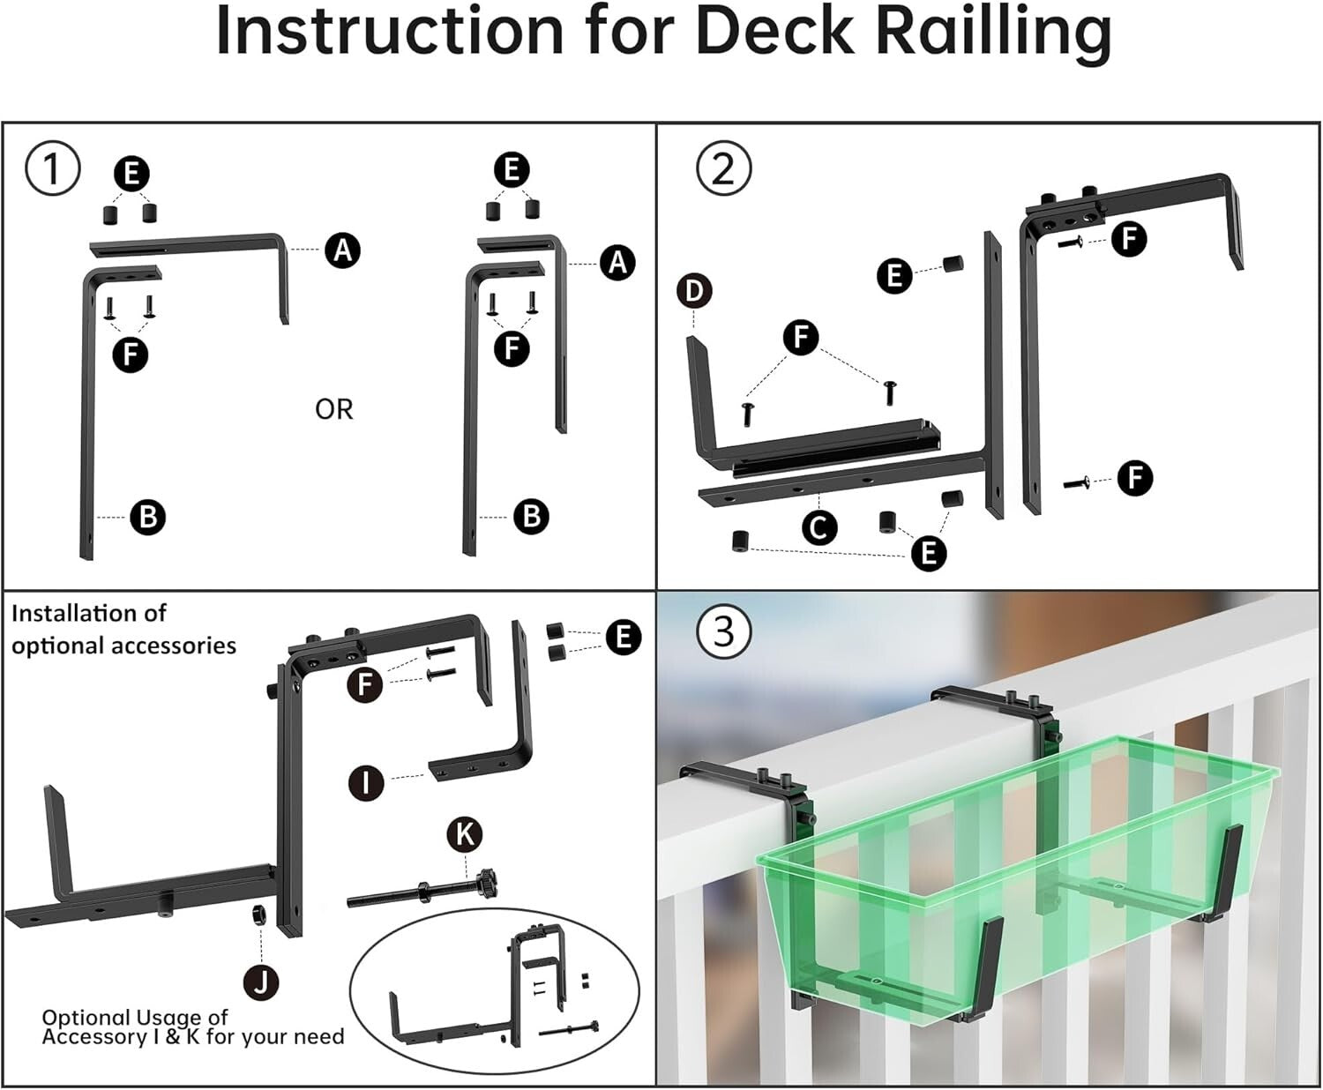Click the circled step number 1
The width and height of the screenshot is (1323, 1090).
(x=53, y=168)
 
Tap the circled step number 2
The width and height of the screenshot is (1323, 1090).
(x=723, y=168)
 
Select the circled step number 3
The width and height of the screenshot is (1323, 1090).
(x=723, y=631)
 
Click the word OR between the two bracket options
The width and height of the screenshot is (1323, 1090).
(x=333, y=409)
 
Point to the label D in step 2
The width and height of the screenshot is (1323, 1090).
(x=695, y=290)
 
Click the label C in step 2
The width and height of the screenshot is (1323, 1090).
(x=818, y=527)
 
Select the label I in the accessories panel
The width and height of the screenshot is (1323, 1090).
(x=366, y=782)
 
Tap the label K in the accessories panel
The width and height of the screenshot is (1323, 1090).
(x=465, y=833)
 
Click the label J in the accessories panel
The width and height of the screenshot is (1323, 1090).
(x=261, y=981)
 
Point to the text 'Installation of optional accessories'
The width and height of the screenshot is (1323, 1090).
(x=123, y=630)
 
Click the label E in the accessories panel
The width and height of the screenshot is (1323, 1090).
(x=624, y=637)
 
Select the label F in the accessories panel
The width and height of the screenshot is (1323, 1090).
(x=365, y=683)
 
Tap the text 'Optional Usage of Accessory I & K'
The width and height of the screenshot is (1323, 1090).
(x=192, y=1027)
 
